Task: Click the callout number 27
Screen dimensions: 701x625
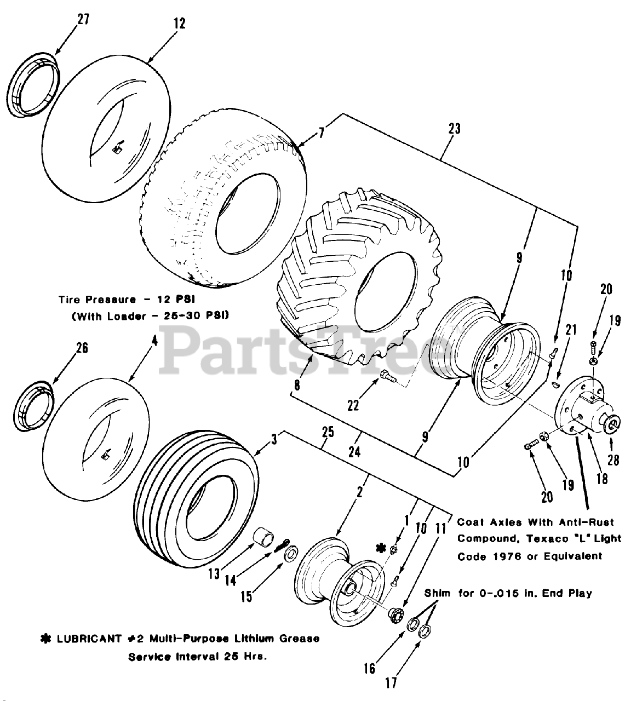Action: click(83, 20)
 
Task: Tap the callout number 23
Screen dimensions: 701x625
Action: click(454, 129)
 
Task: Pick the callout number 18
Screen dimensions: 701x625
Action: click(602, 478)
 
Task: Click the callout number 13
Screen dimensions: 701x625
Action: click(214, 573)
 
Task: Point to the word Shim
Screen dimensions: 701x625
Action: click(438, 593)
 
